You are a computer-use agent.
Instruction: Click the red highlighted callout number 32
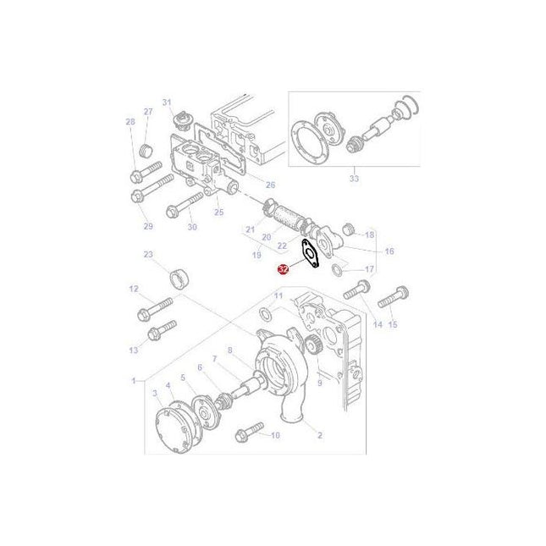pos(282,269)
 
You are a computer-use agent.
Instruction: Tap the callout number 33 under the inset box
pos(353,179)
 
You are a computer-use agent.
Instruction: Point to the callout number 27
pos(148,112)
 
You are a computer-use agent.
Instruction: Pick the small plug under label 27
pos(146,152)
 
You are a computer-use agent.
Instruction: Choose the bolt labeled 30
pos(185,203)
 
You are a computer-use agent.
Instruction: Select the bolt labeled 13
pos(162,330)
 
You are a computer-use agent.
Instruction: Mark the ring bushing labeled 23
pos(180,277)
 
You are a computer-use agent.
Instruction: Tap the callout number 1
pos(133,382)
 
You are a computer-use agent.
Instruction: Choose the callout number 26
pos(270,185)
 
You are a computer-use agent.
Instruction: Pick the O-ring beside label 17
pos(337,270)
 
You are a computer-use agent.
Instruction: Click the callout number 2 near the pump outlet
pos(319,436)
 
